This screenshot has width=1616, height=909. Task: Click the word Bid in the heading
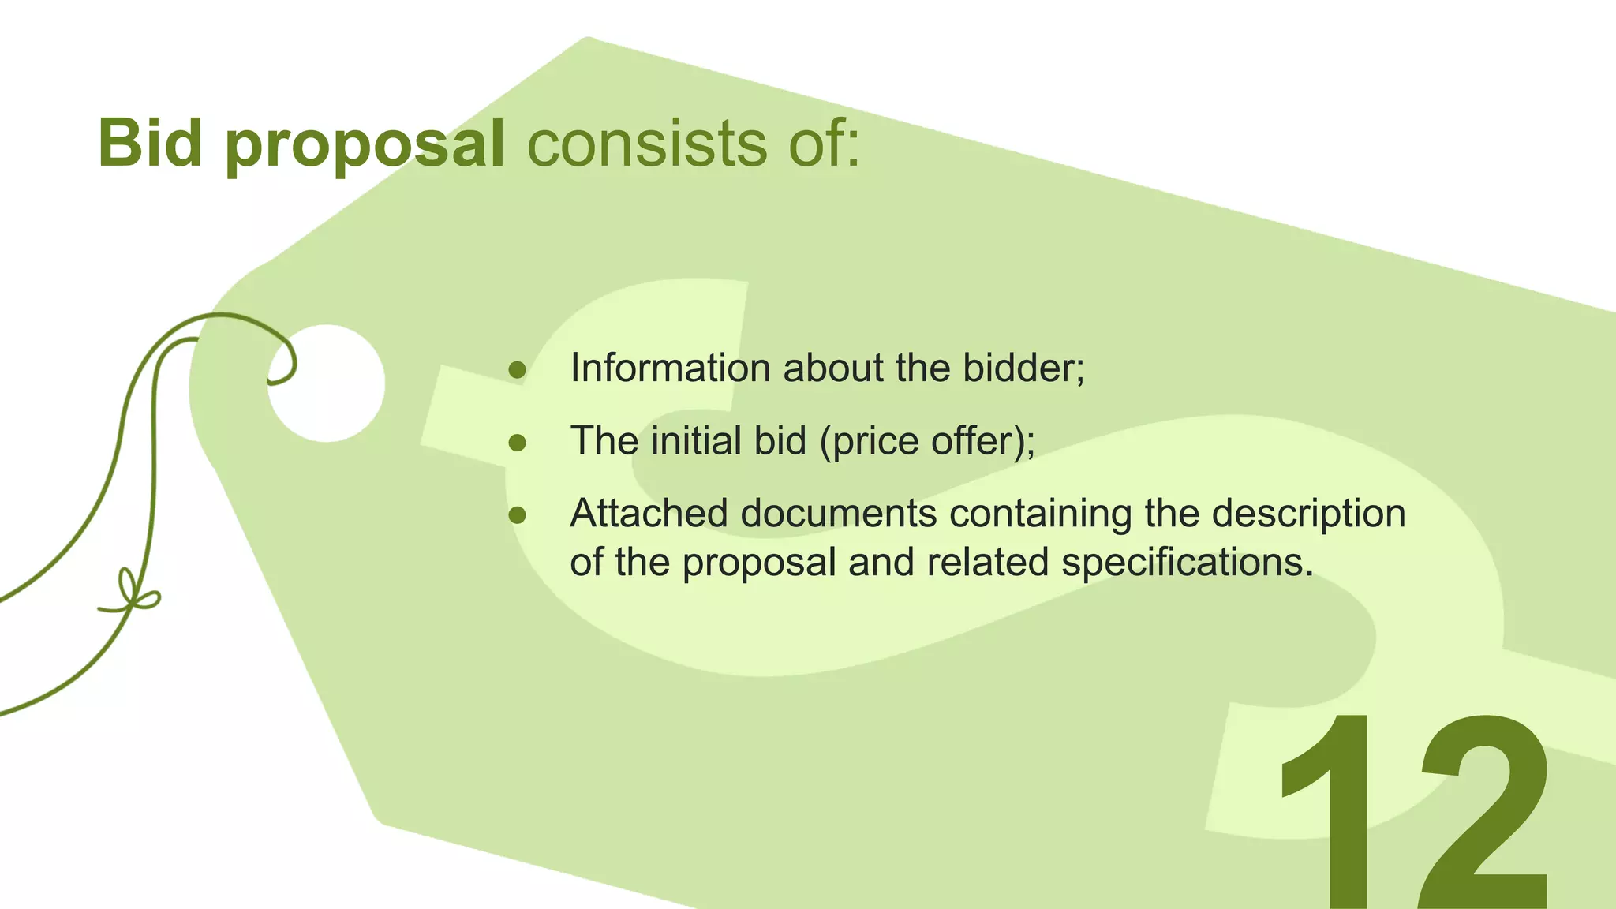pyautogui.click(x=150, y=144)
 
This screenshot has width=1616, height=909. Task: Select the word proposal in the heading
pyautogui.click(x=365, y=147)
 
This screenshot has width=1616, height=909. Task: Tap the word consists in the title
pyautogui.click(x=646, y=145)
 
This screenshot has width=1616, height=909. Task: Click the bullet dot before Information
pyautogui.click(x=517, y=370)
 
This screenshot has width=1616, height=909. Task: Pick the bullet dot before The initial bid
pyautogui.click(x=517, y=443)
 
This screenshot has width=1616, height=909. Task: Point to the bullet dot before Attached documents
pyautogui.click(x=517, y=515)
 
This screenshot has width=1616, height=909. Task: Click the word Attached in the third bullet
pyautogui.click(x=648, y=514)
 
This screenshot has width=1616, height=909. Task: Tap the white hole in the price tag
pyautogui.click(x=326, y=383)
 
